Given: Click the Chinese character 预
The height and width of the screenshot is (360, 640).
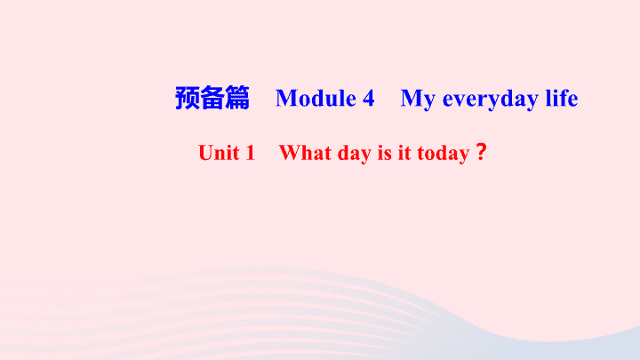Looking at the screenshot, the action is point(188,98).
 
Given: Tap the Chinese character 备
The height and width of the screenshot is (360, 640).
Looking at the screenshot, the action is point(212,98).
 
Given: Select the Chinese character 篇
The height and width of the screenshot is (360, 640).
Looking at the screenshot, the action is point(237,98).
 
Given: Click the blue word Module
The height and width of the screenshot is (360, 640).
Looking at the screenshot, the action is point(316,99).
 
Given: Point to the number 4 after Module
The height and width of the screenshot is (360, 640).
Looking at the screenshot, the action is point(368,99).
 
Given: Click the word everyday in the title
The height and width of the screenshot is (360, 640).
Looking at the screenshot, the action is point(491,100).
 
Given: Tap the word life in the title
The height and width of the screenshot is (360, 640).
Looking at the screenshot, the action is point(562,98).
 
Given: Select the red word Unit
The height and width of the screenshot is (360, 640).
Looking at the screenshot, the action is point(219,153).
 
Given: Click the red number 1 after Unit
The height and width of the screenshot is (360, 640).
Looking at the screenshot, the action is point(250,153).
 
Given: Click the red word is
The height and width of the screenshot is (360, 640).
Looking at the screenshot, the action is point(385,154).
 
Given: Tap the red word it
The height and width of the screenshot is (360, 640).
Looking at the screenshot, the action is point(404,154).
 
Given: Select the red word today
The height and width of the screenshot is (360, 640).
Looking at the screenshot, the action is point(444,155).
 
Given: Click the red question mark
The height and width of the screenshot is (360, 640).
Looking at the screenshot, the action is point(481,152).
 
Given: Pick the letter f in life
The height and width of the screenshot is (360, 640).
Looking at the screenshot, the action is point(561,98).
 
